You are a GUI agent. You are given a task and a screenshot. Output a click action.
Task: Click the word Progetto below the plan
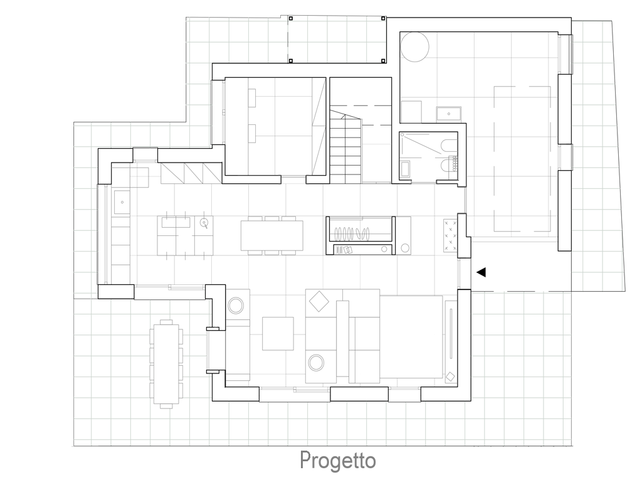(338, 460)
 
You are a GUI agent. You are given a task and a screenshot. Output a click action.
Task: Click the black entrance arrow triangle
(481, 272)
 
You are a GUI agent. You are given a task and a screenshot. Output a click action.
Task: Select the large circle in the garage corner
(415, 47)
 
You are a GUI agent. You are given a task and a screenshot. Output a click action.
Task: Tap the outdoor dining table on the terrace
(166, 363)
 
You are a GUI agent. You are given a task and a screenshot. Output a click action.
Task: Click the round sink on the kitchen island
(204, 223)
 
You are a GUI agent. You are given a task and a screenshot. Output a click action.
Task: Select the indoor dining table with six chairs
(272, 235)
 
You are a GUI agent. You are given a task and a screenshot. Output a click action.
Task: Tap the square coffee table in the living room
(278, 334)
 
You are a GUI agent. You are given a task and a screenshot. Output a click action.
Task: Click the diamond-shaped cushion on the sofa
(319, 301)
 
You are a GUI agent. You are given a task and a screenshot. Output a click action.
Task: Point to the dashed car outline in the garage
(522, 159)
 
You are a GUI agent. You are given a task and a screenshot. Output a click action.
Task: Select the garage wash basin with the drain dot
(449, 114)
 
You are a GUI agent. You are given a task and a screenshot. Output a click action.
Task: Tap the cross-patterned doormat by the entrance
(450, 236)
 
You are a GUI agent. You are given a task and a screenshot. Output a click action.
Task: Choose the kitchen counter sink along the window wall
(122, 202)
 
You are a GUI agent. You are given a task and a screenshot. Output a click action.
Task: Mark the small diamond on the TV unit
(450, 377)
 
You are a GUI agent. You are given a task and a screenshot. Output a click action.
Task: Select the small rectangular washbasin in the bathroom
(406, 169)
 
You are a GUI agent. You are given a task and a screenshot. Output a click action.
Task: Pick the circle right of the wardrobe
(406, 247)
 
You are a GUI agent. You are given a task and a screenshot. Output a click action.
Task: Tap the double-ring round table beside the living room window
(236, 306)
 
